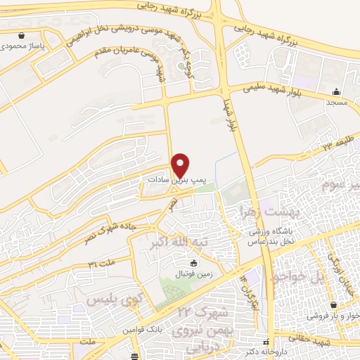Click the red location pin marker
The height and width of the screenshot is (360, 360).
click(x=181, y=165)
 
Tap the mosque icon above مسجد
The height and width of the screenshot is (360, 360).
click(x=337, y=91)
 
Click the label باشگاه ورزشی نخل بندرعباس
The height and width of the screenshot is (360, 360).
click(x=269, y=234)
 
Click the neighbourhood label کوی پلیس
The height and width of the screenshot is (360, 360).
click(x=109, y=301)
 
